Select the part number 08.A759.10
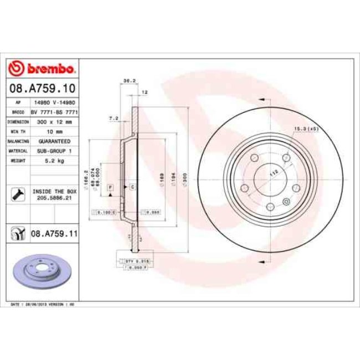pyautogui.click(x=42, y=88)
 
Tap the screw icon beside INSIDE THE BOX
pyautogui.click(x=17, y=194)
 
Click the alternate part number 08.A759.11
pyautogui.click(x=53, y=235)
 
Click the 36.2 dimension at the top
pyautogui.click(x=127, y=81)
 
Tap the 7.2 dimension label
pyautogui.click(x=114, y=118)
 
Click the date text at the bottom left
pyautogui.click(x=44, y=305)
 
